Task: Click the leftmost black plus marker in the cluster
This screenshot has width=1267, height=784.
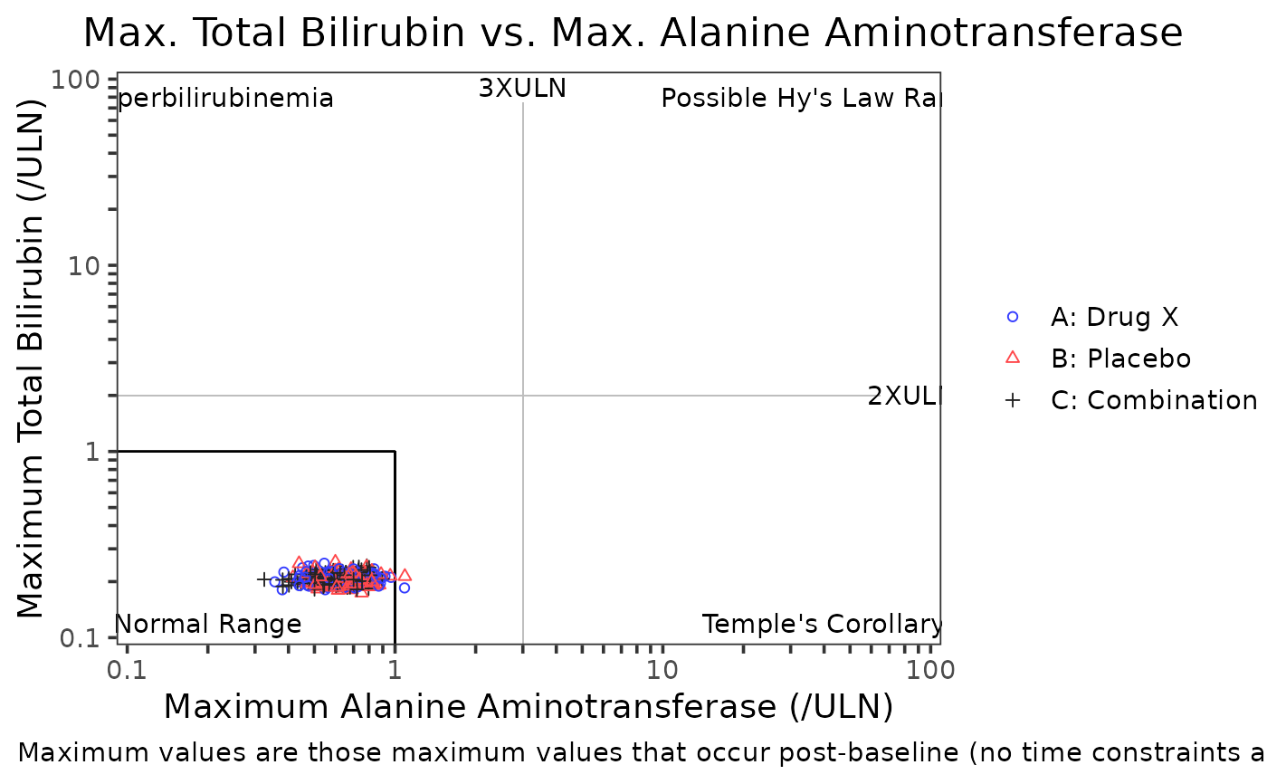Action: tap(263, 578)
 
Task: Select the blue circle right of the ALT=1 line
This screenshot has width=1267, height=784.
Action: tap(405, 588)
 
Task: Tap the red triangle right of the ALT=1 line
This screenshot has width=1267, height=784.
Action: tap(405, 575)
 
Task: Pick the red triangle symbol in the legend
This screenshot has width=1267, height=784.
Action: tap(1013, 359)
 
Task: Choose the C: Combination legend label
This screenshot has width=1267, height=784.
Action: tap(1154, 400)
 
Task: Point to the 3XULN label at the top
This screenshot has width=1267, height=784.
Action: tap(522, 89)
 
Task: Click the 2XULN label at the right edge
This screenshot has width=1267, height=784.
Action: tap(903, 397)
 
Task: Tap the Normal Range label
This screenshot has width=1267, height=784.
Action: tap(209, 624)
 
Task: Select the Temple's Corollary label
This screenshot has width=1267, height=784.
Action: tap(822, 624)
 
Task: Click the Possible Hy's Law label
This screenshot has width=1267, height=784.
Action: tap(801, 98)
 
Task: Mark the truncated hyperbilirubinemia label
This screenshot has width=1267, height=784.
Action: tap(226, 98)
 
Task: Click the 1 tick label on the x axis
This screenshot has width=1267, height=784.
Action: tap(395, 671)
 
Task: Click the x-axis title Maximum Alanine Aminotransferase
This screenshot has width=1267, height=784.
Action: tap(528, 707)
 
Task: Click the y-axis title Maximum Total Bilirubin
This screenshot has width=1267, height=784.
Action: tap(32, 359)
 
